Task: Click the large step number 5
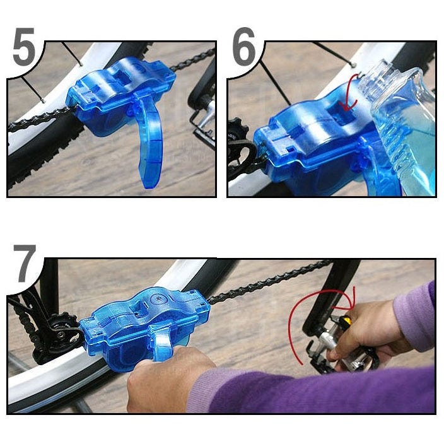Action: (x=24, y=46)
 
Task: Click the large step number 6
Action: (x=244, y=46)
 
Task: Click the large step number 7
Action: (x=25, y=264)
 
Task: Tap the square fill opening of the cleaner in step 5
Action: (x=123, y=76)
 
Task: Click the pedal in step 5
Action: (x=202, y=122)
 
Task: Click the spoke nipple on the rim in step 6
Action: (x=353, y=64)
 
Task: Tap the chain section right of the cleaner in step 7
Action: (x=269, y=280)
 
